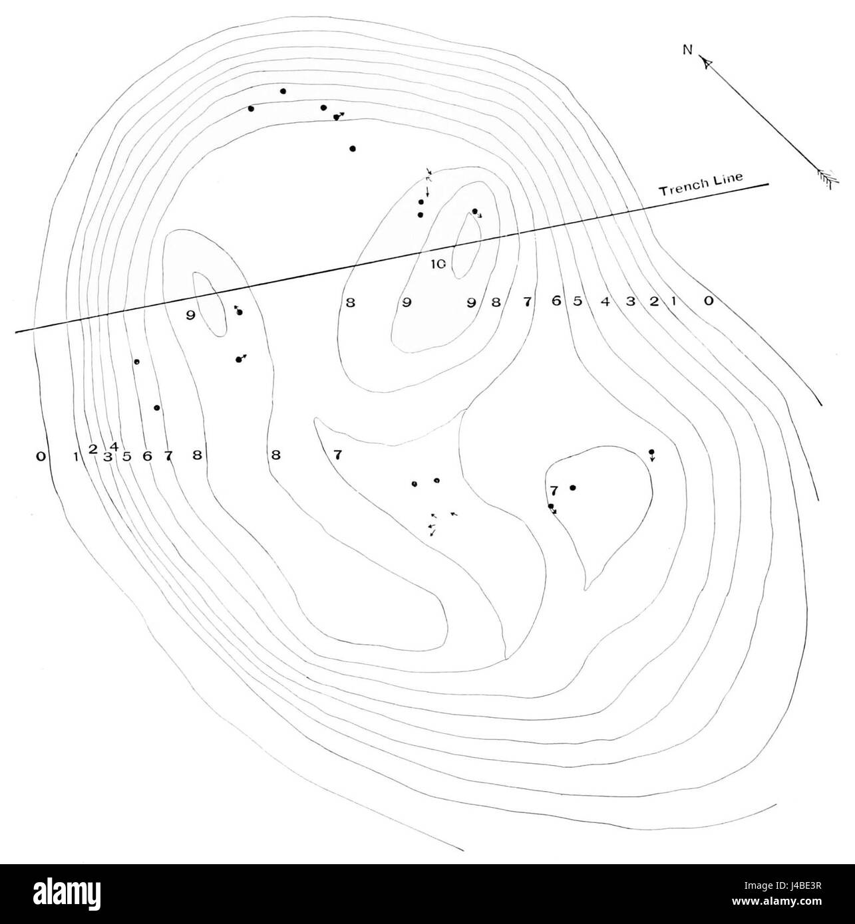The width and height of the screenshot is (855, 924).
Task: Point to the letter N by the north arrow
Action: pyautogui.click(x=687, y=50)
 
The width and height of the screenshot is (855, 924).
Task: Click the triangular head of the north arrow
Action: pyautogui.click(x=707, y=62)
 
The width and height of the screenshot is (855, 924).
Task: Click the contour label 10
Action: pyautogui.click(x=438, y=265)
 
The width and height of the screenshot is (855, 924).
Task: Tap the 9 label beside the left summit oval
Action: pyautogui.click(x=190, y=316)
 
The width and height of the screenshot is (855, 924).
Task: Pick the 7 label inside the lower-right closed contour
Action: pyautogui.click(x=554, y=491)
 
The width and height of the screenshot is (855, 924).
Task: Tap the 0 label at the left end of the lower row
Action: pyautogui.click(x=41, y=457)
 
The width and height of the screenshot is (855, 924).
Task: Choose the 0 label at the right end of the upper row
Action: pyautogui.click(x=709, y=301)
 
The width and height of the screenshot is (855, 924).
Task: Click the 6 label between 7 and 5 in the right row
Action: pyautogui.click(x=556, y=301)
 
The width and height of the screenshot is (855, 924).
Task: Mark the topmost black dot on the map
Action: pyautogui.click(x=283, y=91)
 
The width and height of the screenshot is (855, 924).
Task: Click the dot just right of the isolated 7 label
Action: pyautogui.click(x=573, y=487)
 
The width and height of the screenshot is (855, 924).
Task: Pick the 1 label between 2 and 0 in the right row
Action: pyautogui.click(x=673, y=302)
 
